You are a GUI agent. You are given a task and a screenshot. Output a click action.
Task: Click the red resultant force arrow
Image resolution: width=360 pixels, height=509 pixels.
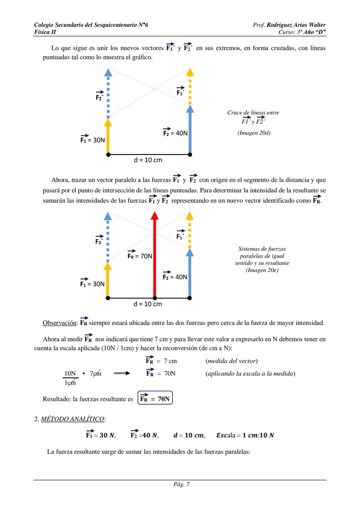click(155, 255)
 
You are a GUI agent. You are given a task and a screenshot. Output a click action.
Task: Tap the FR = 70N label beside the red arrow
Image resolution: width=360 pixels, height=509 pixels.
click(140, 255)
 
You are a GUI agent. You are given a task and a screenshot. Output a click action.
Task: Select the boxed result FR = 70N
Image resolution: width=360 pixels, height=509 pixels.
click(155, 397)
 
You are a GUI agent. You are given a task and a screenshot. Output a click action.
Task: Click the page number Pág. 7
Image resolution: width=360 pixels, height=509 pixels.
click(181, 484)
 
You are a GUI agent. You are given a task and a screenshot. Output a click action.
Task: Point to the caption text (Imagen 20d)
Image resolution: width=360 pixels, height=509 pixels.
click(254, 133)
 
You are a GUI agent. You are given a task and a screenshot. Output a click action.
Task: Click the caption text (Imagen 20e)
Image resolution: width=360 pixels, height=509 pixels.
click(262, 270)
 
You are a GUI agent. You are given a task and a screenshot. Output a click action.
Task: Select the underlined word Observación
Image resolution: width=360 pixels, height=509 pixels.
click(60, 323)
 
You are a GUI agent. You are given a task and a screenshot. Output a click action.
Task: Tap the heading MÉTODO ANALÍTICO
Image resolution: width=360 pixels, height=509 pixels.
click(73, 419)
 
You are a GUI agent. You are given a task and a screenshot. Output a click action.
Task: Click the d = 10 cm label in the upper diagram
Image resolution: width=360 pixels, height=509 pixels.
click(148, 160)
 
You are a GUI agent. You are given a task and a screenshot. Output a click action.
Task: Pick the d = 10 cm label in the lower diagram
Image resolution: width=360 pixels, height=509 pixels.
click(148, 304)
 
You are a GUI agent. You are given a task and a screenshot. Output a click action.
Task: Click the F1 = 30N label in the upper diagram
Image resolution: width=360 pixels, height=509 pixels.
click(93, 138)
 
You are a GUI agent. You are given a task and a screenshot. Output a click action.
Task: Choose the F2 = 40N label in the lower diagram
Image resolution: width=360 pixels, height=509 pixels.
click(175, 275)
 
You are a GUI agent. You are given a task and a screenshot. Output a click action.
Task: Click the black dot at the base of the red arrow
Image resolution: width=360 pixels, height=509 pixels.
click(155, 298)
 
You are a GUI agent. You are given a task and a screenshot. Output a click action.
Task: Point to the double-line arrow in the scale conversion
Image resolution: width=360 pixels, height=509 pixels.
click(122, 373)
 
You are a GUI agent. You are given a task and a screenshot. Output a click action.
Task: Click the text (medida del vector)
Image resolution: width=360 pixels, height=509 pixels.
click(232, 361)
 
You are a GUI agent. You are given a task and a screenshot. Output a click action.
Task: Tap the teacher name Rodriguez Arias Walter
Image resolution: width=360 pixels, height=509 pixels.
click(296, 25)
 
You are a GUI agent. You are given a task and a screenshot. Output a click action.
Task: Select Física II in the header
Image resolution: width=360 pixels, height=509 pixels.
click(45, 32)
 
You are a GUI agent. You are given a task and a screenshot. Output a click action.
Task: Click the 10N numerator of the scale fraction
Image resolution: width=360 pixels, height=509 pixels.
click(70, 373)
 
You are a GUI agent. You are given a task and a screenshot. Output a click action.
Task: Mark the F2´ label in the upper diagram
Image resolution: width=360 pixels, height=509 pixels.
click(100, 95)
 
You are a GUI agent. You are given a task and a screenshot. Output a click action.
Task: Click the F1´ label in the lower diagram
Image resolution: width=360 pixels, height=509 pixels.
click(181, 235)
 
